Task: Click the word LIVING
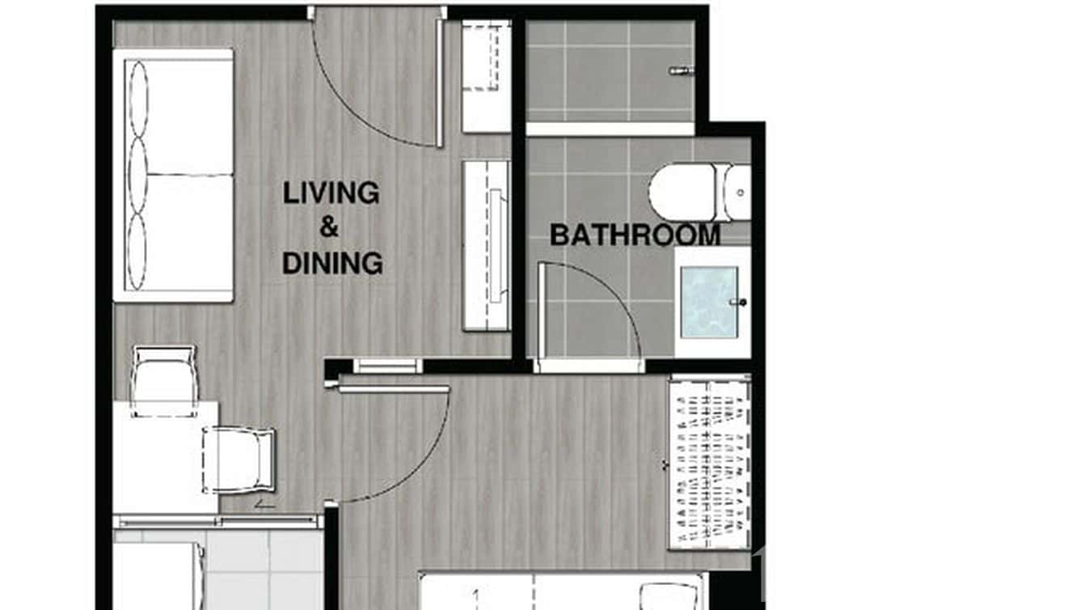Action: point(331,193)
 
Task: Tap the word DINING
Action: point(332,263)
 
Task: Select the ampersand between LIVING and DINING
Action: point(329,228)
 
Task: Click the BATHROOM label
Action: point(635,235)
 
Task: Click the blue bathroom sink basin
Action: point(708,302)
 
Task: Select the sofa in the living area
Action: point(174,176)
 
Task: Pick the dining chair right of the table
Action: point(239,460)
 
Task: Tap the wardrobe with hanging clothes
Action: point(708,463)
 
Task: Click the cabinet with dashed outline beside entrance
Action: point(486,76)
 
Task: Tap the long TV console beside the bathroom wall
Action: point(486,245)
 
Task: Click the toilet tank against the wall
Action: point(737,193)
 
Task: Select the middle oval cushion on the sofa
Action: point(138,176)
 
